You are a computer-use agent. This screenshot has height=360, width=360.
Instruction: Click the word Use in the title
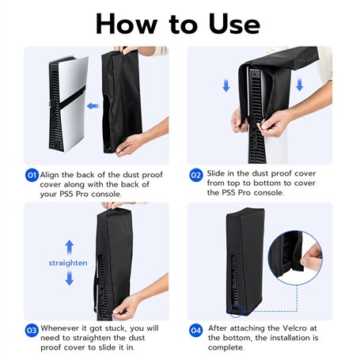tap(234, 25)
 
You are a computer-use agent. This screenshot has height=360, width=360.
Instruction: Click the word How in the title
tap(127, 25)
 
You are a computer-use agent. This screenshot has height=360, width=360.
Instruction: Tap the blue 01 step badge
tap(32, 175)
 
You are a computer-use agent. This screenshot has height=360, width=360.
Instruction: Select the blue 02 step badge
tap(196, 175)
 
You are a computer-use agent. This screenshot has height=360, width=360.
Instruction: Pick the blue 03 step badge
tap(32, 331)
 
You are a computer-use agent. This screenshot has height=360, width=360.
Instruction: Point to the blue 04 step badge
tap(196, 331)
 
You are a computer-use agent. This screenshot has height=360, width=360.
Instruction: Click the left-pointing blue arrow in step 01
tap(93, 106)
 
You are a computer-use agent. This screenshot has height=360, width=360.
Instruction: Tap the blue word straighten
tap(68, 263)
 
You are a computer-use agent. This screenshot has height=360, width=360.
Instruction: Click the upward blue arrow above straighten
tap(70, 247)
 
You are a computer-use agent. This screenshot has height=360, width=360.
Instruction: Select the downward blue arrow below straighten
tap(70, 279)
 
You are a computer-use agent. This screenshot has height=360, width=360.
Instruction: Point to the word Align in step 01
tap(49, 175)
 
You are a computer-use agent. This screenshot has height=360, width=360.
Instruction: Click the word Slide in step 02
tap(216, 173)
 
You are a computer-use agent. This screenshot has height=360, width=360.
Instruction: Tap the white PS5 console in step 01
tap(68, 104)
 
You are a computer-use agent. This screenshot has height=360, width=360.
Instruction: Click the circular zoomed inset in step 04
tap(295, 257)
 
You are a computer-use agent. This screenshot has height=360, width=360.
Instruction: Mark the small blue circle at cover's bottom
tap(236, 310)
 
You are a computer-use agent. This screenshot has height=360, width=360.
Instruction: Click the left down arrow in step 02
tap(226, 85)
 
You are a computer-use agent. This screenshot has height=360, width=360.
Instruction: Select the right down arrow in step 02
tap(299, 85)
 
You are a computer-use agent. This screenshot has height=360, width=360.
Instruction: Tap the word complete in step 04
tap(226, 347)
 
